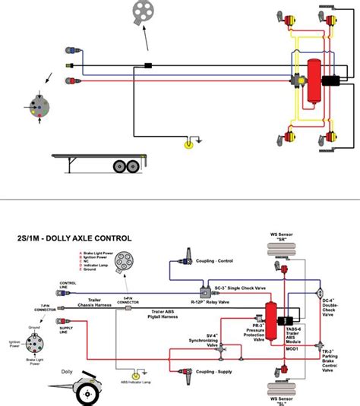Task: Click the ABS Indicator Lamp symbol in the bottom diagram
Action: point(135,374)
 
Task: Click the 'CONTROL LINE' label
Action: point(68,286)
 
